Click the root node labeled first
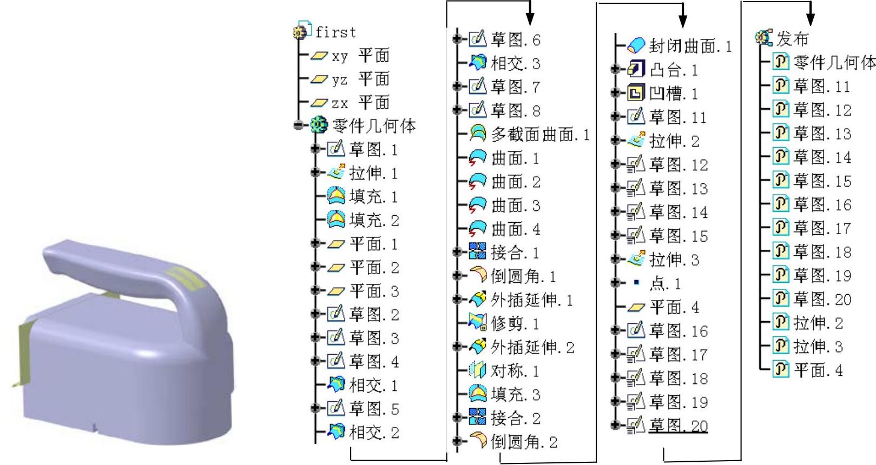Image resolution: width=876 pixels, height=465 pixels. click(x=335, y=32)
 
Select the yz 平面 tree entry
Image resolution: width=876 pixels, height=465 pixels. click(x=360, y=79)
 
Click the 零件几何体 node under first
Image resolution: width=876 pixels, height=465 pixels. click(x=374, y=127)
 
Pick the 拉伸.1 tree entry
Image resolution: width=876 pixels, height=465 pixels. click(x=373, y=174)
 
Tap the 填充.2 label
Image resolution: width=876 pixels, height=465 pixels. click(x=373, y=221)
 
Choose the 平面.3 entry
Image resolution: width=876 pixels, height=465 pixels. click(x=373, y=291)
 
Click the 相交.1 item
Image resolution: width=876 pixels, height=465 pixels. click(x=373, y=386)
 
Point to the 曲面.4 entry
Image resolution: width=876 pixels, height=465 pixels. click(x=515, y=229)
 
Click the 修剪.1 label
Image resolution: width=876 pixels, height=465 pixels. click(x=515, y=324)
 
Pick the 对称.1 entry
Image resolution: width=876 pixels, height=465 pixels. click(x=515, y=371)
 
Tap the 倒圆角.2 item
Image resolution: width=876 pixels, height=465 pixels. click(x=523, y=442)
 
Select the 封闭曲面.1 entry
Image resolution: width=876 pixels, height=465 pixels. click(x=690, y=46)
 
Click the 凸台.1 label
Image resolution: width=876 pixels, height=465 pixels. click(x=673, y=70)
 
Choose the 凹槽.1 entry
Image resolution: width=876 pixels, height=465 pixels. click(x=673, y=94)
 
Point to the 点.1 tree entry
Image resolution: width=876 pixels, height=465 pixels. click(x=665, y=284)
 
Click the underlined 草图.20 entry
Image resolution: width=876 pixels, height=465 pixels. click(x=678, y=426)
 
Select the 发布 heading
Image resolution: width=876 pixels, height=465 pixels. click(x=792, y=39)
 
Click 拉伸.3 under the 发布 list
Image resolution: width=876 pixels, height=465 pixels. click(x=818, y=347)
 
